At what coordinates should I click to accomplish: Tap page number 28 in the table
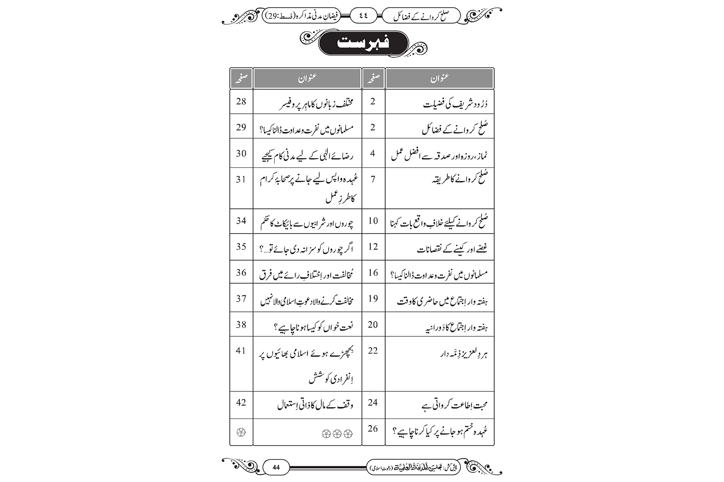pyautogui.click(x=241, y=102)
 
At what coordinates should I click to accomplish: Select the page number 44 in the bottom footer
pyautogui.click(x=276, y=467)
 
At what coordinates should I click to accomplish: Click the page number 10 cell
pyautogui.click(x=373, y=221)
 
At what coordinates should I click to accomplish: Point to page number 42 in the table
pyautogui.click(x=241, y=402)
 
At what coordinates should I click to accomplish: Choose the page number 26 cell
pyautogui.click(x=373, y=428)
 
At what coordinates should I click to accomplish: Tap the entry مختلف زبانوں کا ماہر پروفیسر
pyautogui.click(x=317, y=103)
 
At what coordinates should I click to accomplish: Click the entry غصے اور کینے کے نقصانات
pyautogui.click(x=452, y=249)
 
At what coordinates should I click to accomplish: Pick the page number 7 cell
pyautogui.click(x=373, y=179)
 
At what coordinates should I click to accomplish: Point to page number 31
pyautogui.click(x=241, y=179)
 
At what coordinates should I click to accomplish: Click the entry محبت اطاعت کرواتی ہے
pyautogui.click(x=454, y=405)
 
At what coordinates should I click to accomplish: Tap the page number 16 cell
pyautogui.click(x=373, y=273)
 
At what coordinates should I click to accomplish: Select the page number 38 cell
pyautogui.click(x=241, y=325)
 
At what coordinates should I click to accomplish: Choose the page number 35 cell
pyautogui.click(x=241, y=247)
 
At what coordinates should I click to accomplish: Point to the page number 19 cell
pyautogui.click(x=373, y=299)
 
